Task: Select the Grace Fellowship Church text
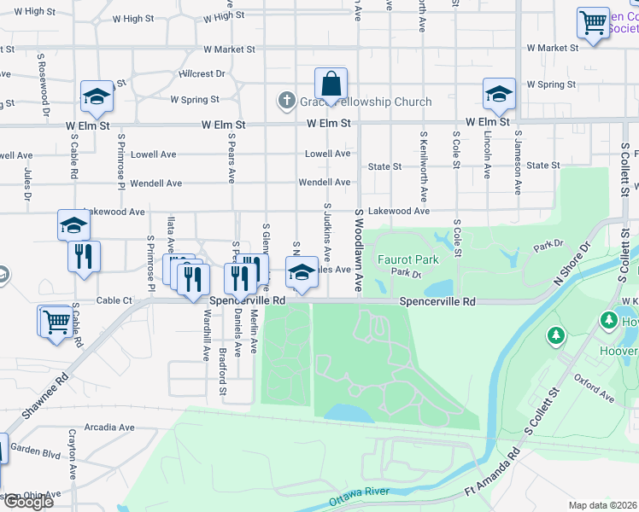pos(365,102)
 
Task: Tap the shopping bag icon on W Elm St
pos(331,84)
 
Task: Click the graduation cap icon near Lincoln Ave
pos(498,94)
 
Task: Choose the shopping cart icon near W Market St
pos(593,22)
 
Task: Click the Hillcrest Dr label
pos(201,74)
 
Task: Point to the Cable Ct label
pos(114,300)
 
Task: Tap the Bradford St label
pos(222,371)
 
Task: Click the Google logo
pos(27,501)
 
